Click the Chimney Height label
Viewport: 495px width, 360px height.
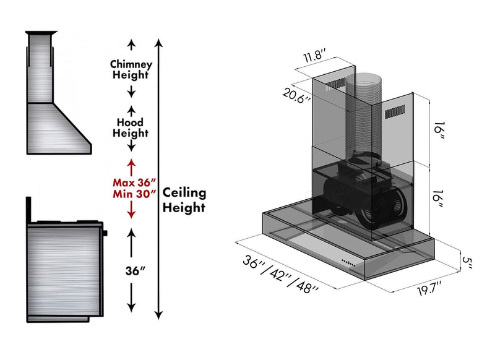click(x=130, y=69)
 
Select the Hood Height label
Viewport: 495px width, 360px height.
click(x=130, y=127)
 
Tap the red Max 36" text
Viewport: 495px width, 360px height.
click(x=134, y=182)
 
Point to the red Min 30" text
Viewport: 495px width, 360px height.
click(x=134, y=194)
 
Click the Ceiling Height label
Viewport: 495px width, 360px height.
click(x=184, y=200)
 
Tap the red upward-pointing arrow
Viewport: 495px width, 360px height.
click(x=131, y=165)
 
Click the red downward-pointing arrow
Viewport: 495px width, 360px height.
click(x=131, y=212)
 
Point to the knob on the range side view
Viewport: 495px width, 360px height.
click(x=105, y=233)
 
